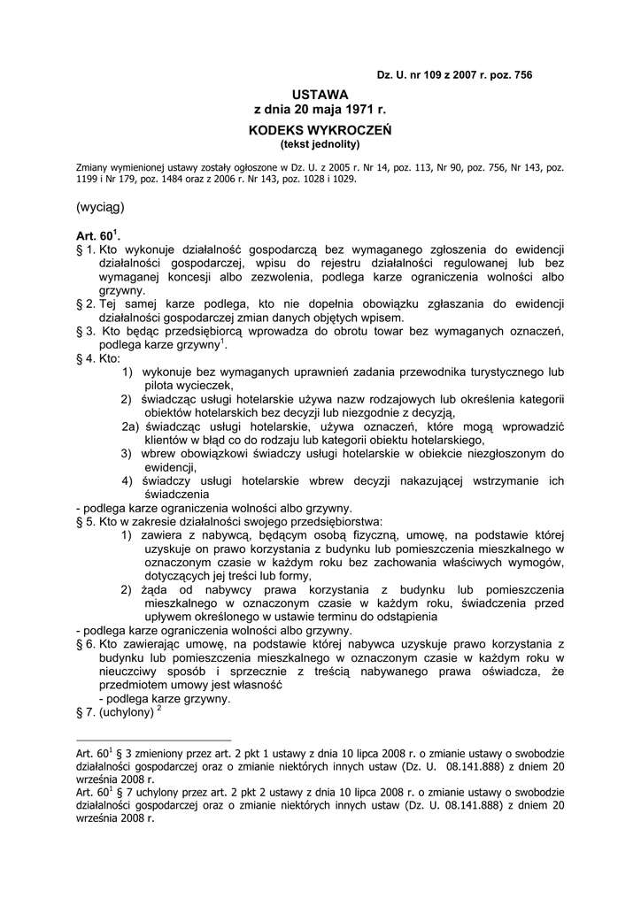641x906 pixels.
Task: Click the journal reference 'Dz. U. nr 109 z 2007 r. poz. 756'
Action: click(454, 76)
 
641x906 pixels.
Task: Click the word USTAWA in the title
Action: click(320, 95)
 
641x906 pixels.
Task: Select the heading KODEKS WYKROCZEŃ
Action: click(320, 129)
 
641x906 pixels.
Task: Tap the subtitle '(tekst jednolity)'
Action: click(320, 143)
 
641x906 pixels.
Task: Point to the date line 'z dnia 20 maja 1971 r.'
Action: click(320, 110)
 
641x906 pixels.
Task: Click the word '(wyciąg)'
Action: click(101, 208)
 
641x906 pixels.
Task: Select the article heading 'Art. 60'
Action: click(96, 238)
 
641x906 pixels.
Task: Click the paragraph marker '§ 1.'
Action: click(87, 252)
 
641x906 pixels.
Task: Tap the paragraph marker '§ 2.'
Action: click(87, 303)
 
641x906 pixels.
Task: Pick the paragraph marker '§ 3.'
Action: click(87, 330)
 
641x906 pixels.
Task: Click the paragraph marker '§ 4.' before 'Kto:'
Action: click(87, 360)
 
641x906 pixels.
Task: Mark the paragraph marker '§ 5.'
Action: click(87, 522)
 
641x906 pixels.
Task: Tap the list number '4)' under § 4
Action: click(127, 481)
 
